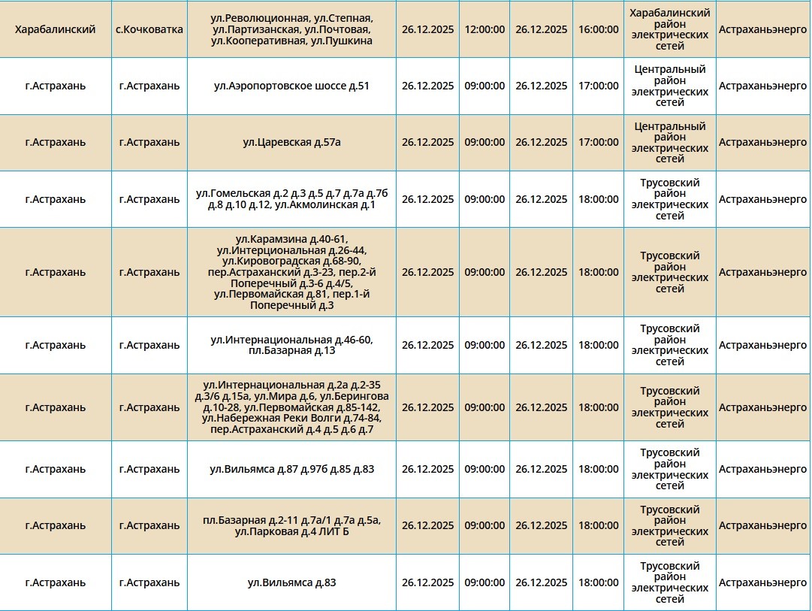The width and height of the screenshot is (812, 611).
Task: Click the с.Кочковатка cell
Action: [149, 29]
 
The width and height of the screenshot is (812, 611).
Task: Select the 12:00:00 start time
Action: [484, 29]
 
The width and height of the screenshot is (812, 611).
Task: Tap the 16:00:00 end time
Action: [599, 29]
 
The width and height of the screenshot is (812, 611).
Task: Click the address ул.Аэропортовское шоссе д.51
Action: [291, 86]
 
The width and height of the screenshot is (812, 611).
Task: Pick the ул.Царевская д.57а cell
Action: [291, 142]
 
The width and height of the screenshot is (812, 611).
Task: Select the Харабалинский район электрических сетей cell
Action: [669, 29]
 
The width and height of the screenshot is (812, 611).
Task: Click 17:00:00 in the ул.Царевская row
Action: [599, 142]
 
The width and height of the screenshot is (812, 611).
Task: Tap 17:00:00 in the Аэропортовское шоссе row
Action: [599, 86]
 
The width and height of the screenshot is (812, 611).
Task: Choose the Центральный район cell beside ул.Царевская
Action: [669, 142]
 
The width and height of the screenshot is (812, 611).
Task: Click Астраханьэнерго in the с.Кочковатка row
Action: [762, 29]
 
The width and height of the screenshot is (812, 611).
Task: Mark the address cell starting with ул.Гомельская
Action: [291, 199]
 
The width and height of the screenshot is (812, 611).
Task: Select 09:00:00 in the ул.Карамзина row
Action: [484, 272]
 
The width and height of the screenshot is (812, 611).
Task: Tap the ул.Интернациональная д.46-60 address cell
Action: [291, 345]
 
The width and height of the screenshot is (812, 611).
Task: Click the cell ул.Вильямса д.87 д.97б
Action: [291, 469]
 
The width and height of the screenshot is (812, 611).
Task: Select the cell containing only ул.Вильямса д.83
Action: [291, 582]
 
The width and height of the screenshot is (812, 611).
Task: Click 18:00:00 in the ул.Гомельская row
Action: [599, 199]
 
